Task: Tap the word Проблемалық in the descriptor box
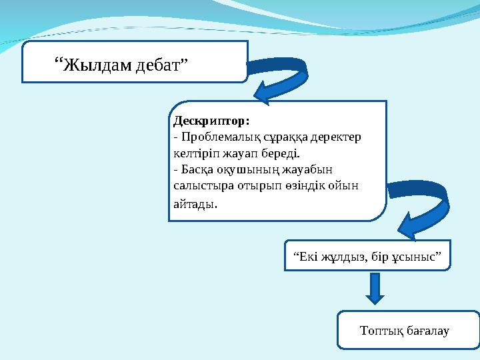[213, 137]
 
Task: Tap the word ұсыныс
[417, 257]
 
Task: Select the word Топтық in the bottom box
[381, 330]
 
